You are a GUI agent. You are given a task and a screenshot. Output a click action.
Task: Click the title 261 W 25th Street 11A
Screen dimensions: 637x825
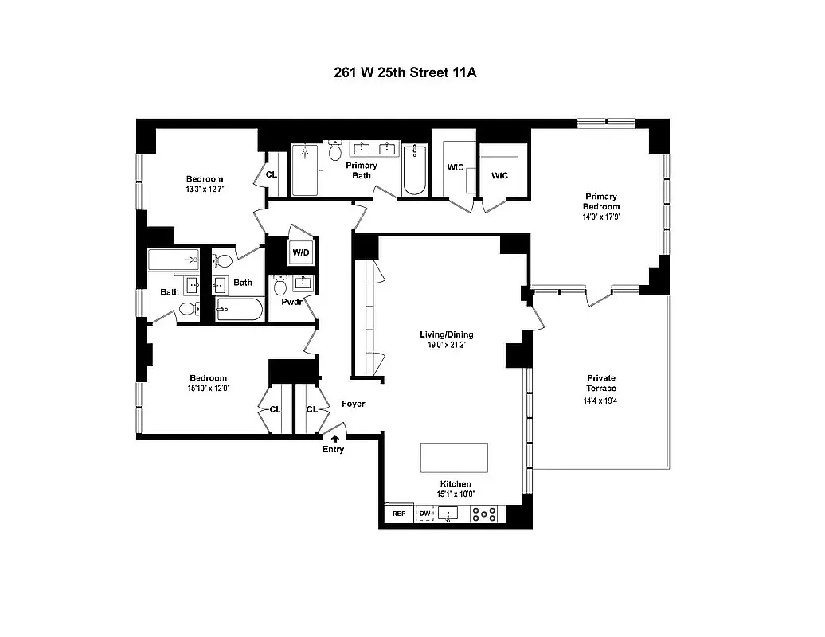click(x=411, y=72)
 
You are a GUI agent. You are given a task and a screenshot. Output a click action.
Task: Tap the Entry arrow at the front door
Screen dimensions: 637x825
click(x=334, y=438)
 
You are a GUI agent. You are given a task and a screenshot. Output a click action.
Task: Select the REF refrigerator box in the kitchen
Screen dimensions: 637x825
click(x=399, y=514)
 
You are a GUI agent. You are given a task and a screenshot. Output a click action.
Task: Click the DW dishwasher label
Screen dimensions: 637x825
click(x=424, y=514)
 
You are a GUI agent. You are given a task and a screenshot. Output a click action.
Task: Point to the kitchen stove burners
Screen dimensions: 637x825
click(x=484, y=514)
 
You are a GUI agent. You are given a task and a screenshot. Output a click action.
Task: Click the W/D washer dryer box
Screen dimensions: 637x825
click(x=301, y=253)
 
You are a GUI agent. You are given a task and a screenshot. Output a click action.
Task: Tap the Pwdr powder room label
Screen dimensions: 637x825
click(x=290, y=303)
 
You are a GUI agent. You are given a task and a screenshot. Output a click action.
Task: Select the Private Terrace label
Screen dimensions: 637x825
click(x=601, y=383)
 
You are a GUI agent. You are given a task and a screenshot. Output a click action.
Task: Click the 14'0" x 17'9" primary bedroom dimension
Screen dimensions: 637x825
click(x=602, y=217)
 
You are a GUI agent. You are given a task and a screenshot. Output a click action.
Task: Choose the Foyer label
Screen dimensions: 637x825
click(x=354, y=404)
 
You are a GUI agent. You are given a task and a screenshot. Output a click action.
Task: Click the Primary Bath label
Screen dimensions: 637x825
click(x=362, y=170)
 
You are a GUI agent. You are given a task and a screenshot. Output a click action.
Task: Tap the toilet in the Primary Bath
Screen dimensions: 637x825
click(x=335, y=151)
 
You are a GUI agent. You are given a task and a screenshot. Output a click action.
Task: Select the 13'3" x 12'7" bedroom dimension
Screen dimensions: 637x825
click(x=205, y=190)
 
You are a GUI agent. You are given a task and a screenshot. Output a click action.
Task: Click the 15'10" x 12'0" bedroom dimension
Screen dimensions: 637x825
click(x=209, y=389)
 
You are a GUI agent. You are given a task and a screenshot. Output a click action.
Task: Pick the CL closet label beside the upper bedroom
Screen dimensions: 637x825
click(x=272, y=174)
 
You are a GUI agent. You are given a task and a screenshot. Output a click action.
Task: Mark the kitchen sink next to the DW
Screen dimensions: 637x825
click(x=448, y=514)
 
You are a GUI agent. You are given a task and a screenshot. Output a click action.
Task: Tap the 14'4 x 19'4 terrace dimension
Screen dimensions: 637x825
click(x=601, y=401)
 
